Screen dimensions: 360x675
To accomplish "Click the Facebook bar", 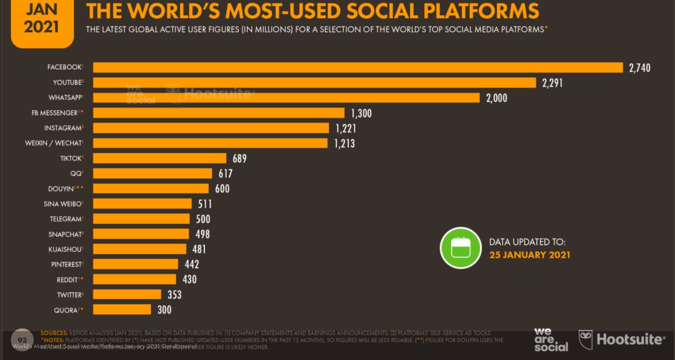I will coord(358,68).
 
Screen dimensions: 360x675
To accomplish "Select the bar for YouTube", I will coord(315,83).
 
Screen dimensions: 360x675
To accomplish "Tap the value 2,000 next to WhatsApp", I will coord(496,98).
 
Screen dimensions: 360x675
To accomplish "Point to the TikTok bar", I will coord(160,158).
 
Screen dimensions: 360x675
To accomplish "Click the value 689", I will coord(239,158).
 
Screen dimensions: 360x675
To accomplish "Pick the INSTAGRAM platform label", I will coord(63,128).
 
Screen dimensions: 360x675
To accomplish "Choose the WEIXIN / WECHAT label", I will coord(53,143).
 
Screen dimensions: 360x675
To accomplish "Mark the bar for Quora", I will coord(122,309).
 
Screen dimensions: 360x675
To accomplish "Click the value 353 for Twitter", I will coord(174,294).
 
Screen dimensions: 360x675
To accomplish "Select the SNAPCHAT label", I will coord(65,234).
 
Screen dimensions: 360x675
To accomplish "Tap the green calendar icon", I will coord(460,248).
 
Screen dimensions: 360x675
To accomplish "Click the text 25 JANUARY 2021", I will coord(529,255).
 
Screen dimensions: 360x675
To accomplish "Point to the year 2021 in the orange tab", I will coord(41,27).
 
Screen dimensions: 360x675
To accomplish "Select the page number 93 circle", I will coord(22,340).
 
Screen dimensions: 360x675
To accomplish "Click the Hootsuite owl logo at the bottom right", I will coord(585,339).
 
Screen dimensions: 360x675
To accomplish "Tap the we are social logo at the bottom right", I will coord(551,340).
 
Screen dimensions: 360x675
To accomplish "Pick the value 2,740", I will coord(639,68).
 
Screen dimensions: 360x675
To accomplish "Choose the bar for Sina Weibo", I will coord(142,204).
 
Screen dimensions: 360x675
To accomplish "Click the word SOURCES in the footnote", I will coord(54,333).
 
